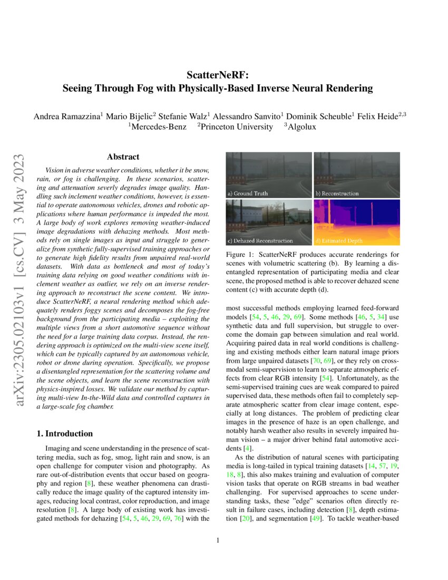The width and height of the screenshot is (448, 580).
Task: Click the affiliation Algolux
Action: (301, 127)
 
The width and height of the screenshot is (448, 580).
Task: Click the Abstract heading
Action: (123, 157)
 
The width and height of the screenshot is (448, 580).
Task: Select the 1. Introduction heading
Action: (65, 433)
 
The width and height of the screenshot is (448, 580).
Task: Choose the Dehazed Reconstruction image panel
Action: (269, 222)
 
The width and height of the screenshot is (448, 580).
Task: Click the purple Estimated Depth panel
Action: (357, 222)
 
